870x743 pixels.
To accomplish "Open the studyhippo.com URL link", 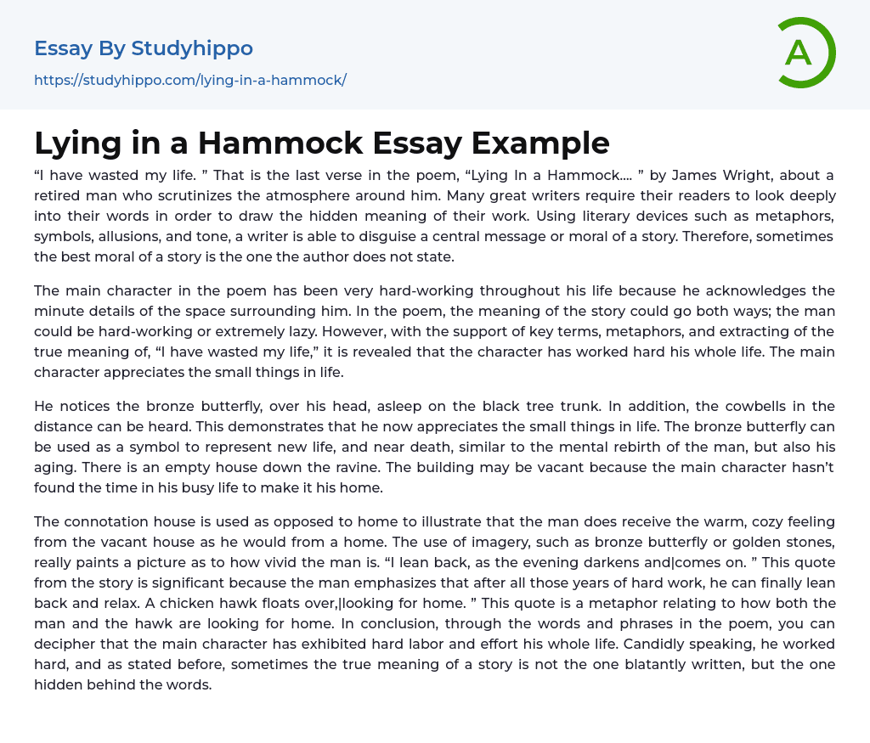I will [190, 81].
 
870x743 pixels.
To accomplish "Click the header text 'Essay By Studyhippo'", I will [144, 48].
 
